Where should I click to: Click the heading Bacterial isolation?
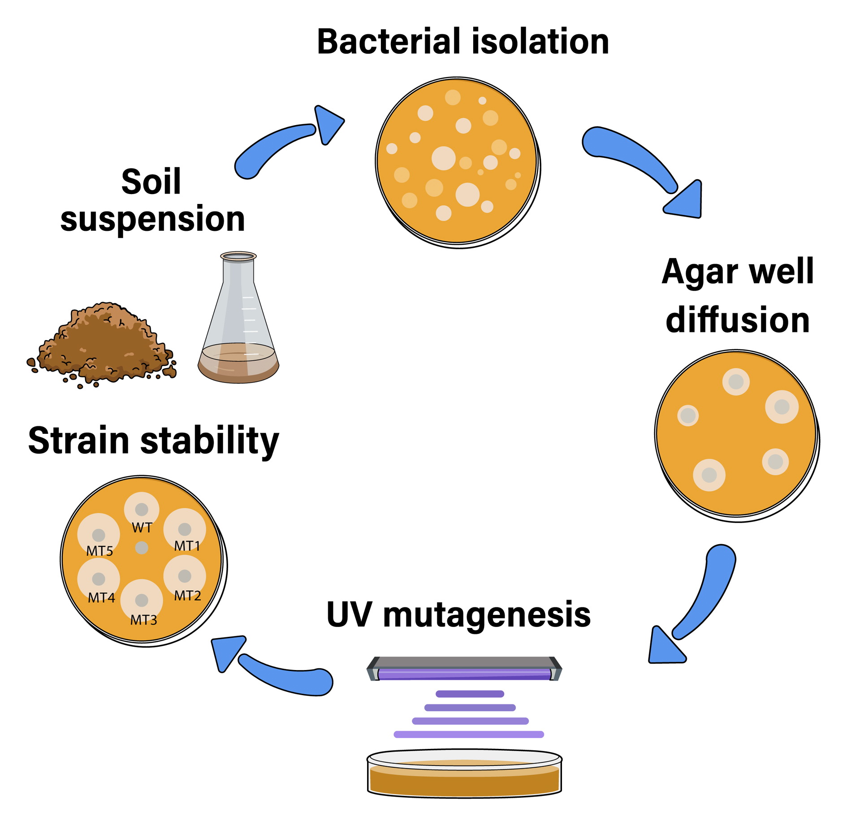(x=462, y=42)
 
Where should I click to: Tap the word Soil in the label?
(x=151, y=182)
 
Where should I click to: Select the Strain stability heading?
(x=153, y=440)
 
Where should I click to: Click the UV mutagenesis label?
(x=458, y=614)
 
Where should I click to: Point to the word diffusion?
(x=738, y=320)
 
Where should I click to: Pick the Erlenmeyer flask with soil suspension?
(x=238, y=323)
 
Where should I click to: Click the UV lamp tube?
(x=464, y=674)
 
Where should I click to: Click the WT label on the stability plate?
(x=142, y=528)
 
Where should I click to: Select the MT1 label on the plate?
(x=187, y=546)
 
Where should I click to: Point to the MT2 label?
(x=187, y=596)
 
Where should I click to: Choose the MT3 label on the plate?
(x=143, y=620)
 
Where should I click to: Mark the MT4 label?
(x=101, y=598)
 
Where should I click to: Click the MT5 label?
(x=99, y=551)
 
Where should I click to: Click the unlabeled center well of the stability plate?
(x=142, y=548)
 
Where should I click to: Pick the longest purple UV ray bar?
(x=469, y=734)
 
